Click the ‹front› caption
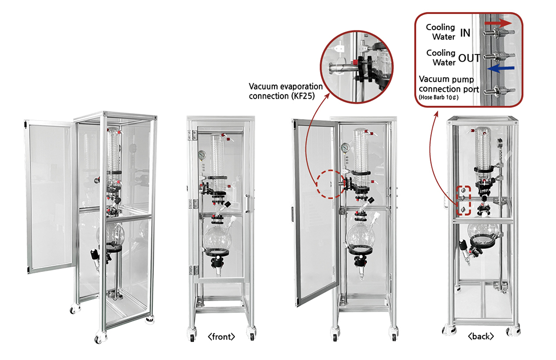point(221,336)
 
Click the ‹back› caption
point(480,336)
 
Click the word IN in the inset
point(465,33)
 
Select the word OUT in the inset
point(469,58)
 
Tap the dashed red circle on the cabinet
point(329,184)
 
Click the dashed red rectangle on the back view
point(463,202)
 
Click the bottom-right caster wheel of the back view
point(513,331)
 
